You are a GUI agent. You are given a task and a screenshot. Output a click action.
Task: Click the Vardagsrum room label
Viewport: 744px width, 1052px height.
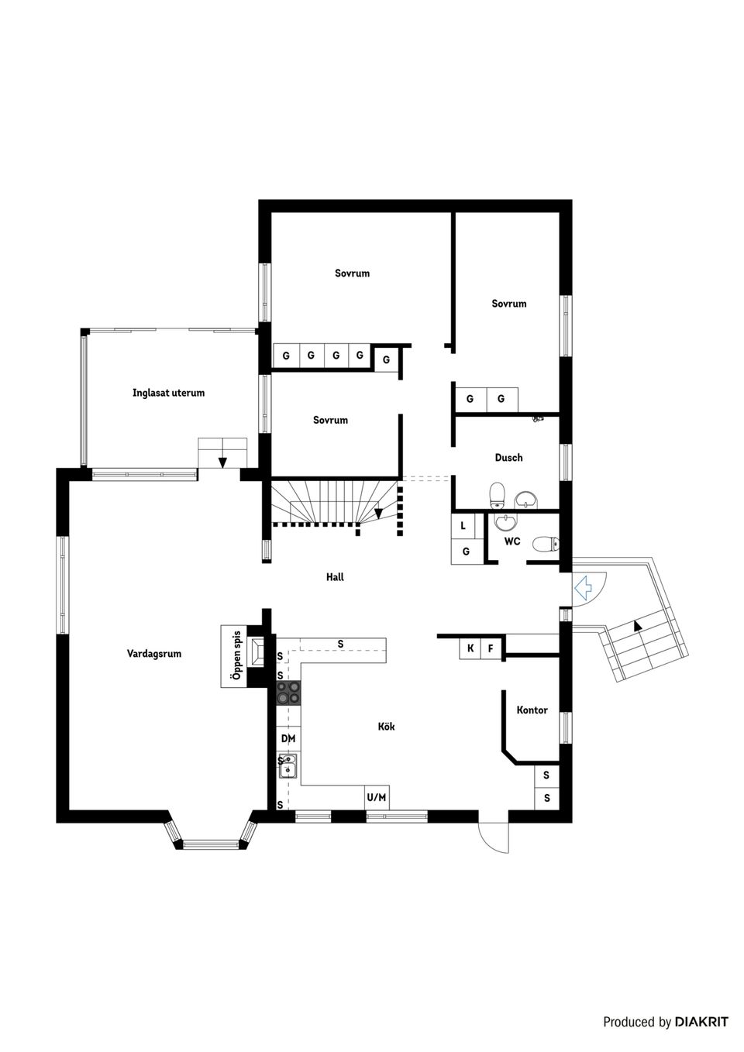[154, 654]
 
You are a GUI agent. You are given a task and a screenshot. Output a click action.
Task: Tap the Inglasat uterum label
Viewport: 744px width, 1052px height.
[168, 393]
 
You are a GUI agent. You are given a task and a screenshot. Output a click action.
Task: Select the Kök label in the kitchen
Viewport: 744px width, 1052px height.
[386, 727]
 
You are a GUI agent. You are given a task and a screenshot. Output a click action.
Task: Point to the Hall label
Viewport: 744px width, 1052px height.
[335, 577]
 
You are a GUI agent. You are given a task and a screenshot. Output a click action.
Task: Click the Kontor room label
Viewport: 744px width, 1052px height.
[532, 710]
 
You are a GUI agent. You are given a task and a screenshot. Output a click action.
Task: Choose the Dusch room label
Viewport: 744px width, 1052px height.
[508, 458]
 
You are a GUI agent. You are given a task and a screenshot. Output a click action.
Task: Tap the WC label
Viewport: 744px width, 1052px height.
[512, 541]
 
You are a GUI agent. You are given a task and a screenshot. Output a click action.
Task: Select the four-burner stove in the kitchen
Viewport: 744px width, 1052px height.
[288, 693]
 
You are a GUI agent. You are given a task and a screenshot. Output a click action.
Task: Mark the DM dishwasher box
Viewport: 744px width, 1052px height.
[288, 739]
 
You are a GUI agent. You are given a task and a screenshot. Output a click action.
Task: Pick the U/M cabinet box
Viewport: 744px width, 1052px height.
[377, 797]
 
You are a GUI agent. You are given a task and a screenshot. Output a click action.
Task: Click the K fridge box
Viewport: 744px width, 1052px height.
[470, 648]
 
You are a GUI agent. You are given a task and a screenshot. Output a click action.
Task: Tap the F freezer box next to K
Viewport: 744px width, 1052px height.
[491, 648]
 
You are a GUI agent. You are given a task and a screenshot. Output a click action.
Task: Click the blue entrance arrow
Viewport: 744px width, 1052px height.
[583, 587]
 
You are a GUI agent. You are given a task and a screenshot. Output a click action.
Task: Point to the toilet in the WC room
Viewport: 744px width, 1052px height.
[545, 545]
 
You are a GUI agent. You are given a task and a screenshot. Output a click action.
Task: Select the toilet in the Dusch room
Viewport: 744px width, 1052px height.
[498, 493]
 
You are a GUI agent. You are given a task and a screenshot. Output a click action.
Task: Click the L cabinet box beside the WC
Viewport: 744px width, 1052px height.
[463, 525]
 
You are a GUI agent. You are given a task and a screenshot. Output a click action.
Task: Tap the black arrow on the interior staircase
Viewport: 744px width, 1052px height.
[379, 512]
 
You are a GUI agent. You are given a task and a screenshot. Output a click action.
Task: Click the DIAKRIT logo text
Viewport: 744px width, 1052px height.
[701, 1022]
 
